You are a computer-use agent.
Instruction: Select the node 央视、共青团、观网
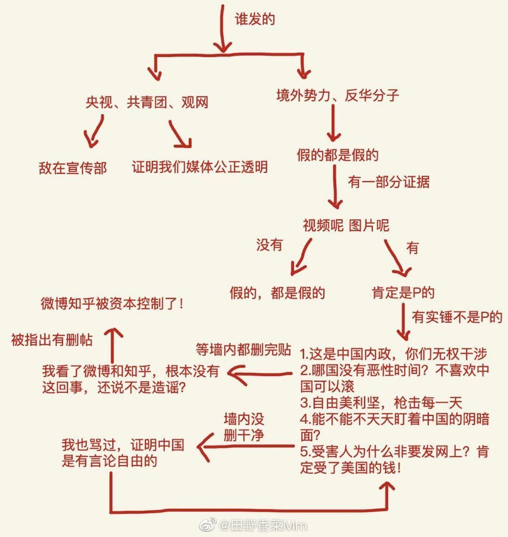point(147,102)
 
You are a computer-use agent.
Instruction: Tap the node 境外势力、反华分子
point(338,95)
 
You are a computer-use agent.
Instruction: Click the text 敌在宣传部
point(72,168)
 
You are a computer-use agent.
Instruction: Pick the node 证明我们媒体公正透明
point(200,167)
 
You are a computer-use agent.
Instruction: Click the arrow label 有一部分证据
point(389,182)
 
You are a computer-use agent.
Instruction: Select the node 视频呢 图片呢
point(346,225)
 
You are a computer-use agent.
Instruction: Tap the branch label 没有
point(269,245)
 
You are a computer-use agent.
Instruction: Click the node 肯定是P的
point(403,292)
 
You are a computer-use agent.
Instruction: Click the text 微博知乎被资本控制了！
point(112,304)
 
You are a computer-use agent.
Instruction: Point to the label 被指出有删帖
point(51,340)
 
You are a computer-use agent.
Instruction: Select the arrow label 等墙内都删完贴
point(243,350)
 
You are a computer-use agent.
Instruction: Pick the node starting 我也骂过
point(123,454)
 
